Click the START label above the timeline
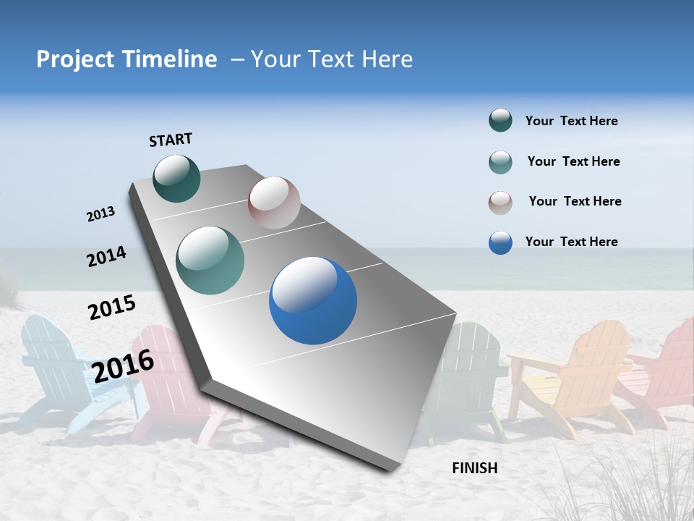point(171,140)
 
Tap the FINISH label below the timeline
point(474,468)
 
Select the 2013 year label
point(100,214)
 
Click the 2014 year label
point(106,257)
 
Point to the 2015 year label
point(111,308)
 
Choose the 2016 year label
point(123,365)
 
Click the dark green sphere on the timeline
point(177,178)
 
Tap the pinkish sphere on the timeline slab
point(274,203)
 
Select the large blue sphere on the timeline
point(313,300)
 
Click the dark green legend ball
point(500,121)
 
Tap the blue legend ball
point(500,242)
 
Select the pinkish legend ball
point(500,203)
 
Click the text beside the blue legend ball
point(571,242)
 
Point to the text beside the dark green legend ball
point(571,122)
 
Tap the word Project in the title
point(74,59)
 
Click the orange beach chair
point(586,376)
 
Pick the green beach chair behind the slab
point(470,376)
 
